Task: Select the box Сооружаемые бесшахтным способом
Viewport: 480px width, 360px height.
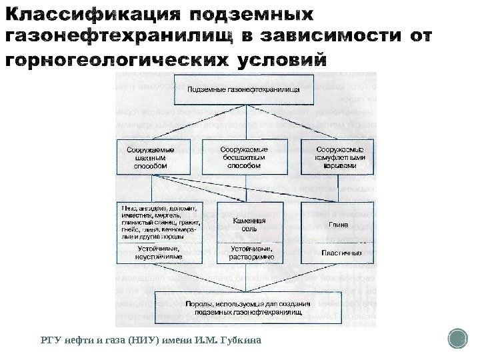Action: pos(244,157)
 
